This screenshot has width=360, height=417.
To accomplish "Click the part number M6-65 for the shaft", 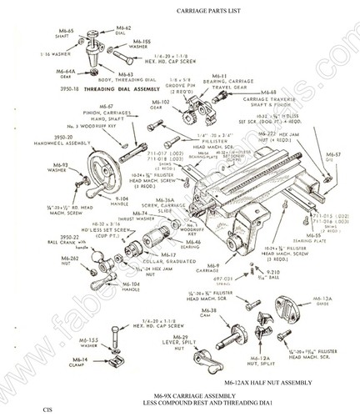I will point(66,31).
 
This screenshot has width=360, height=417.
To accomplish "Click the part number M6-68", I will point(268,93).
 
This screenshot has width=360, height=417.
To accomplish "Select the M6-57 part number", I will point(333,154).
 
